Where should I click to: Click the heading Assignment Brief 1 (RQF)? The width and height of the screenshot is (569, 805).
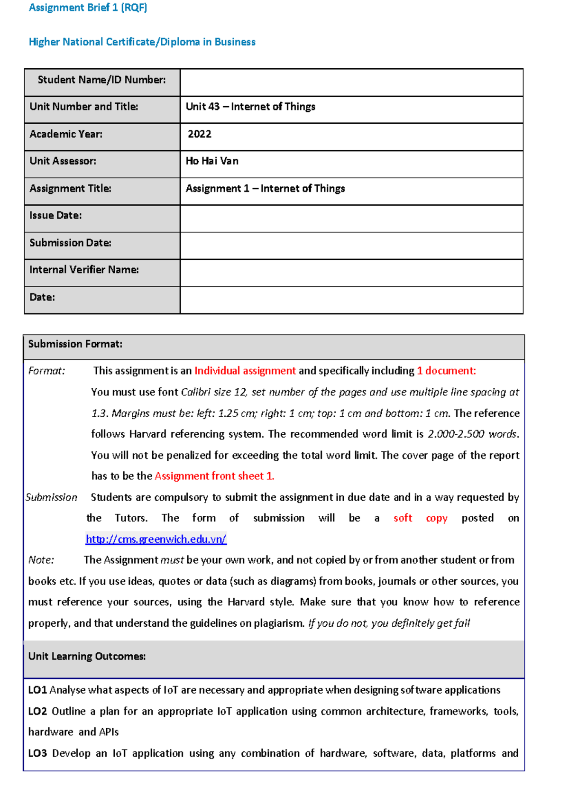(x=88, y=8)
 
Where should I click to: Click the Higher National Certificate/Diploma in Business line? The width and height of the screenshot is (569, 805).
(x=142, y=42)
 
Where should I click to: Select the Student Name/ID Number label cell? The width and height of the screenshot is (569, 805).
(x=101, y=80)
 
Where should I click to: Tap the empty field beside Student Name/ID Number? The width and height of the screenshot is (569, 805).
(x=351, y=82)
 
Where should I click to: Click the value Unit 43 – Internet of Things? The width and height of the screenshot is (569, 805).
(x=250, y=107)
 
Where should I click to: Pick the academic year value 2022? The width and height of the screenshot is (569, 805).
(x=200, y=134)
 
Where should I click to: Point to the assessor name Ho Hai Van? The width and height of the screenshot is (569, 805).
(x=212, y=161)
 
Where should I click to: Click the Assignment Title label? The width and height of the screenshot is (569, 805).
(x=70, y=189)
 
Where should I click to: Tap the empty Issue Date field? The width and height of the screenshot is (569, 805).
(x=351, y=219)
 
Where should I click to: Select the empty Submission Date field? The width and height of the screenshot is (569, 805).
(x=351, y=246)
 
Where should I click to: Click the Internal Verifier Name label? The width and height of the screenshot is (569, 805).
(x=84, y=270)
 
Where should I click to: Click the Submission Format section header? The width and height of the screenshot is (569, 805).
(x=75, y=344)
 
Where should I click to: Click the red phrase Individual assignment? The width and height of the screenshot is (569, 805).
(x=245, y=371)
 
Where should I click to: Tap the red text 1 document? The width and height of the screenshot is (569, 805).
(x=446, y=371)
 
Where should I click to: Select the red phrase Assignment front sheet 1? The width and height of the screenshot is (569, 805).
(x=214, y=476)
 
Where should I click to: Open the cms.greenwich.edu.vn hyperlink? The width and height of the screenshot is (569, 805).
(x=156, y=539)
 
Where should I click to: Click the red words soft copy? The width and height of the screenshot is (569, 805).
(x=420, y=518)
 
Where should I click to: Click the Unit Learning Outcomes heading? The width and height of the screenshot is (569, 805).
(x=87, y=657)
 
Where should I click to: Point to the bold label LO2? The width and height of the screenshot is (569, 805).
(x=37, y=712)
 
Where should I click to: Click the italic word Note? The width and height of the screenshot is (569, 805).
(x=41, y=560)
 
